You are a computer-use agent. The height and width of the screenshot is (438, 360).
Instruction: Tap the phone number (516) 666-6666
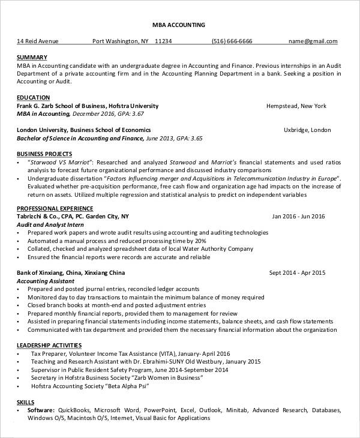[232, 41]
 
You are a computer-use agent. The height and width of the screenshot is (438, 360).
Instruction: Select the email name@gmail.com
[313, 41]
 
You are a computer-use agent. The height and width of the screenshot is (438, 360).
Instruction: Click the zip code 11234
[163, 41]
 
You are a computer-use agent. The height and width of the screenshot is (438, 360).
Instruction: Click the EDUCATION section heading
[33, 97]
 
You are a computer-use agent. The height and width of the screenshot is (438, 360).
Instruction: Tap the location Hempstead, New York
[296, 106]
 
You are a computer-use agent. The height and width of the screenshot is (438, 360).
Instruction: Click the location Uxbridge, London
[307, 130]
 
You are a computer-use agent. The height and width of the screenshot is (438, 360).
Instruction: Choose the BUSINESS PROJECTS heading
[44, 154]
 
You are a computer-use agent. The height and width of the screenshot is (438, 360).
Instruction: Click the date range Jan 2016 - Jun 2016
[298, 217]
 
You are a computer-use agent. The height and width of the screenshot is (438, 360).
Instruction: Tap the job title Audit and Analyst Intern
[50, 224]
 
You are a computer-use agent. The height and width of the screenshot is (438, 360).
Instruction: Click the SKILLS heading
[25, 401]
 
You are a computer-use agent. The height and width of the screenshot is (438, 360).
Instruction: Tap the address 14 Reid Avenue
[38, 41]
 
